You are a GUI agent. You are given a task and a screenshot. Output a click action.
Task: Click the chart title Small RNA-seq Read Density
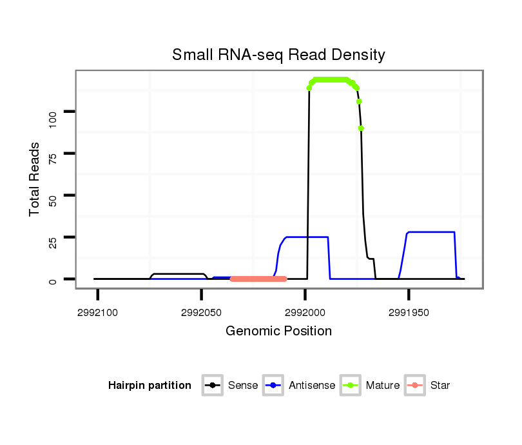278,55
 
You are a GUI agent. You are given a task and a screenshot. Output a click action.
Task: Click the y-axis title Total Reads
35,179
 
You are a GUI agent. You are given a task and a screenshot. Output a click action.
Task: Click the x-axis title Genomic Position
278,331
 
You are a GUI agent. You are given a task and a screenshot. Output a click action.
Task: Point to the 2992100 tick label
98,311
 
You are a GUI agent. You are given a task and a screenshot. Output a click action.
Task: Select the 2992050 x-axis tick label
202,311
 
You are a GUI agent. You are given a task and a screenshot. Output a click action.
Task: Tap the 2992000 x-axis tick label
305,311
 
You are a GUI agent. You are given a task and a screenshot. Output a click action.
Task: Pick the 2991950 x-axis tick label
409,311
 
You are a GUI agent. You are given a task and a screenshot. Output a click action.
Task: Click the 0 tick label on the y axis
53,280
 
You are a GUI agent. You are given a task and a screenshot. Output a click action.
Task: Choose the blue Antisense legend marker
273,386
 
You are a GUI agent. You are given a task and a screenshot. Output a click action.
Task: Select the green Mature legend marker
350,386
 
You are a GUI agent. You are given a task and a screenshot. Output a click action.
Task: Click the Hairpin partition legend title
150,386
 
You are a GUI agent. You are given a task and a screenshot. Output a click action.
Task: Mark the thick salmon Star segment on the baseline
258,279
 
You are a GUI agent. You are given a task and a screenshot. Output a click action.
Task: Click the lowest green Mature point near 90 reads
362,128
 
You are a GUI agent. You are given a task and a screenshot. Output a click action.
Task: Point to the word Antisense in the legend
312,386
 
